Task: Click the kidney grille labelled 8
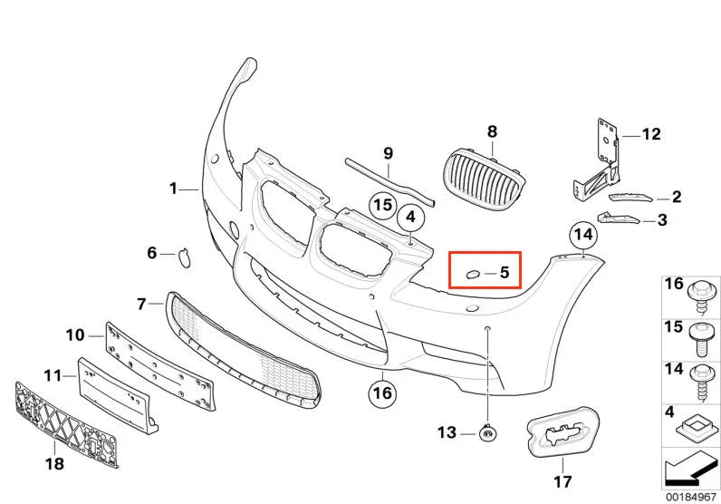click(485, 177)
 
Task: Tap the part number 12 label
click(651, 134)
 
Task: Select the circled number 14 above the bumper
click(583, 235)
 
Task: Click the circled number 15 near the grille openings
click(383, 205)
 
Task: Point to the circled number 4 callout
click(410, 217)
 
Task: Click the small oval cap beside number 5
click(472, 275)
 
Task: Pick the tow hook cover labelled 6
click(184, 257)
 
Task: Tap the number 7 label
click(141, 304)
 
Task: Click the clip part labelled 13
click(487, 433)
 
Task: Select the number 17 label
click(562, 481)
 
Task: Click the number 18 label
click(54, 463)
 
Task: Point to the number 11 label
click(52, 376)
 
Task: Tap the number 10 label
click(75, 335)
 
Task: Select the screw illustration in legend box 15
click(703, 339)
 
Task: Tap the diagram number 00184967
click(690, 497)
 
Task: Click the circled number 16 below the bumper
click(382, 393)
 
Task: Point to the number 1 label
click(173, 189)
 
